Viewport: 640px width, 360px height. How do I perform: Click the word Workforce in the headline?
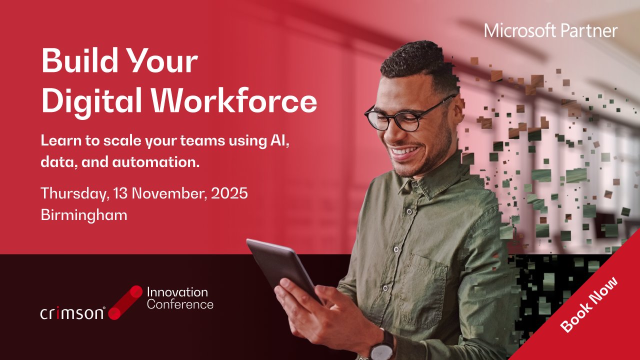[234, 100]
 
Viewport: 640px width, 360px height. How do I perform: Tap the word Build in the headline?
[79, 60]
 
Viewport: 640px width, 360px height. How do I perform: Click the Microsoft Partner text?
[550, 31]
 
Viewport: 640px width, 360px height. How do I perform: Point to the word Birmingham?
[84, 215]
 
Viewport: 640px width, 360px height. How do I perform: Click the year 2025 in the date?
[229, 193]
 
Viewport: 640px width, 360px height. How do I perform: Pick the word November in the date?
[169, 193]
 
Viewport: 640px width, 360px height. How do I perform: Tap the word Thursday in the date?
[75, 194]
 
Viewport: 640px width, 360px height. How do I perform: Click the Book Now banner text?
[589, 305]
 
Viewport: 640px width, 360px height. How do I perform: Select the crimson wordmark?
[72, 313]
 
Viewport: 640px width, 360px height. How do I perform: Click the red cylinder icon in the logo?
[125, 302]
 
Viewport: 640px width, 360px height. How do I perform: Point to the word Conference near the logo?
[180, 304]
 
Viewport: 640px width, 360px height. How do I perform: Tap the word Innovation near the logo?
[177, 292]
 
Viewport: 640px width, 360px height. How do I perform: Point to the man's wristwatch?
[382, 345]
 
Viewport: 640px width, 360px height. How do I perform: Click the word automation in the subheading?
[155, 162]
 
